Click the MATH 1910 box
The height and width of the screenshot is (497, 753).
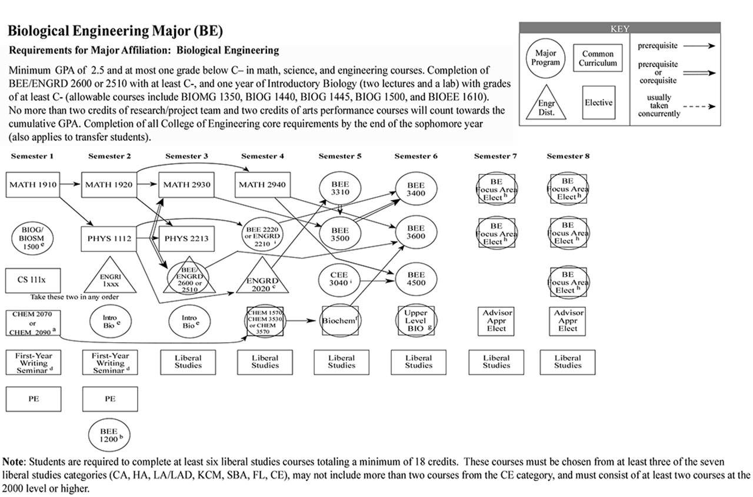[x=34, y=185]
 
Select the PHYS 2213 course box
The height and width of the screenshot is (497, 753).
[x=186, y=239]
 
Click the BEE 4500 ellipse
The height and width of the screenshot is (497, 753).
[x=416, y=279]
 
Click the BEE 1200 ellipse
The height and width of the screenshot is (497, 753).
[x=109, y=435]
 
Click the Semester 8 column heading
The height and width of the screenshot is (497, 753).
[x=568, y=156]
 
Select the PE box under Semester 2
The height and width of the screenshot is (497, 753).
[x=110, y=399]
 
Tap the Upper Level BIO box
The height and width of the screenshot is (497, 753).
[x=417, y=321]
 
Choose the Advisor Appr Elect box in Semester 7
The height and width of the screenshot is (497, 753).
[x=497, y=321]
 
